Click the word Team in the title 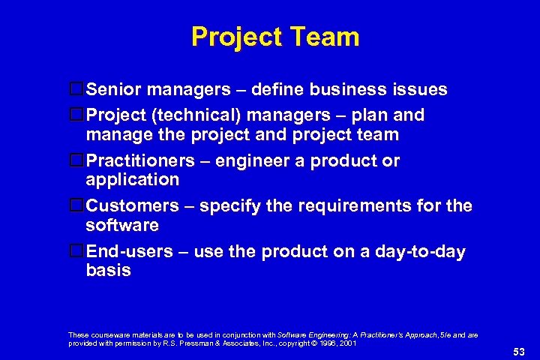325,37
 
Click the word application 133,180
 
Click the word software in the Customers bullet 122,225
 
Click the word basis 108,271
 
